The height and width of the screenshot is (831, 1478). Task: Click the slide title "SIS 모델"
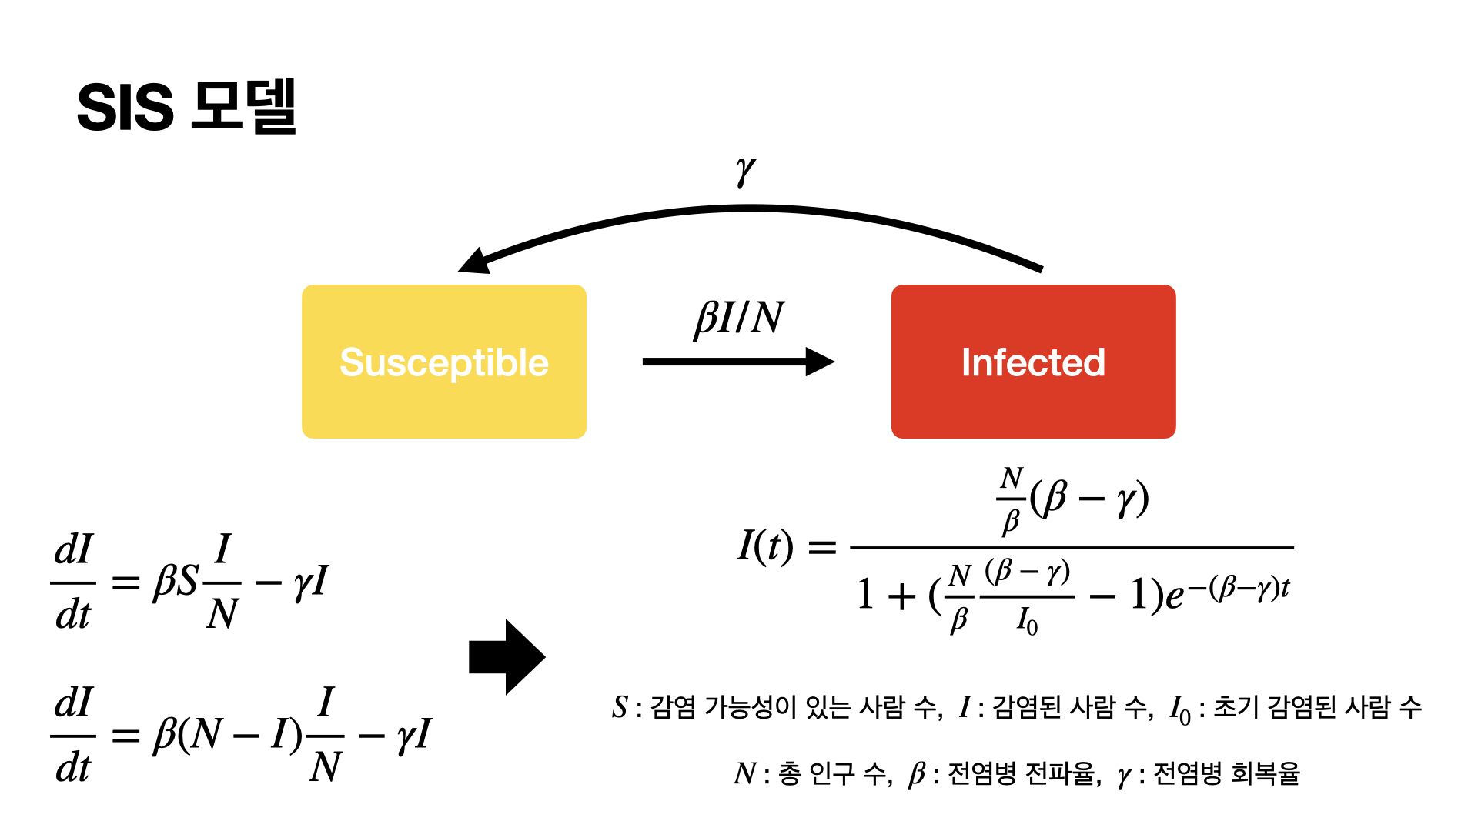pyautogui.click(x=187, y=106)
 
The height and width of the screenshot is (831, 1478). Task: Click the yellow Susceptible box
pyautogui.click(x=444, y=362)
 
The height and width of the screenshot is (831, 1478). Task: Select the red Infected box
pyautogui.click(x=1033, y=362)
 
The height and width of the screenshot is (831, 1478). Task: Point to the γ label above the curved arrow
pyautogui.click(x=745, y=171)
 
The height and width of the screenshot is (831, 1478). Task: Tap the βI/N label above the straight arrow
pyautogui.click(x=739, y=317)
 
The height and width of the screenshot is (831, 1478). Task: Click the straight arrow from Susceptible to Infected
pyautogui.click(x=738, y=362)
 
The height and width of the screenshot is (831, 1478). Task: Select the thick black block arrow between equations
pyautogui.click(x=507, y=657)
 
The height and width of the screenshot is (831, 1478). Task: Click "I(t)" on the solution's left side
pyautogui.click(x=765, y=546)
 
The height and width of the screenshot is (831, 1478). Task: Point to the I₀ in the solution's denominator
pyautogui.click(x=1027, y=620)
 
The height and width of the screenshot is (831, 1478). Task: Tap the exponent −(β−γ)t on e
pyautogui.click(x=1238, y=589)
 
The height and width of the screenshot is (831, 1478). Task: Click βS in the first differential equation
pyautogui.click(x=176, y=582)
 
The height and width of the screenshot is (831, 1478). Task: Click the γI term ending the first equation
pyautogui.click(x=311, y=582)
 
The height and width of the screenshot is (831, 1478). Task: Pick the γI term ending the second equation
pyautogui.click(x=414, y=735)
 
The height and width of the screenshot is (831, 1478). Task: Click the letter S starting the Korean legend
pyautogui.click(x=620, y=706)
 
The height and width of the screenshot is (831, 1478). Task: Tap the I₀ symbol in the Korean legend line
pyautogui.click(x=1180, y=709)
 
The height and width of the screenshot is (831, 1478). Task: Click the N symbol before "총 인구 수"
pyautogui.click(x=745, y=773)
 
